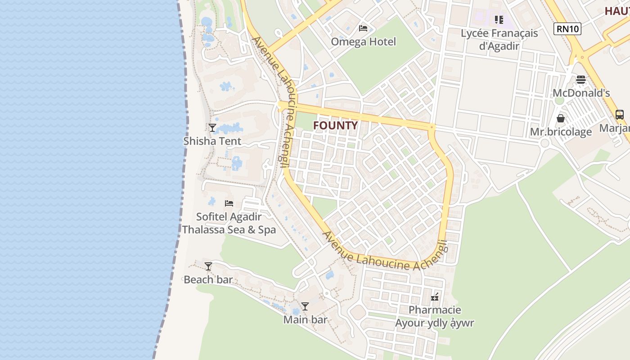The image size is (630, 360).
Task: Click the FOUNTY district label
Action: click(336, 126)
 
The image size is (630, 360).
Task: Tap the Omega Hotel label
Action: click(363, 42)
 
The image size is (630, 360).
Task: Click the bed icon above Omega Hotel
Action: click(363, 28)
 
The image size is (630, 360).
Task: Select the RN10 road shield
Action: click(567, 29)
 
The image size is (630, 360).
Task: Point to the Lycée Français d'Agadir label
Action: click(499, 40)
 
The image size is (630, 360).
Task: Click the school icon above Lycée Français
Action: click(499, 20)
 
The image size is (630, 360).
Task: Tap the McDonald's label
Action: click(581, 93)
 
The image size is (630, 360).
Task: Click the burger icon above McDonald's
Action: click(581, 80)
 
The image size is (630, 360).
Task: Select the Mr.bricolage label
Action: click(561, 132)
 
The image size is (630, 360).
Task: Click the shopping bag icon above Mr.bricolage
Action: click(561, 118)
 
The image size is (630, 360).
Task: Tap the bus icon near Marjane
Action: click(620, 115)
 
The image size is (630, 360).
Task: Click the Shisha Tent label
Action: click(212, 141)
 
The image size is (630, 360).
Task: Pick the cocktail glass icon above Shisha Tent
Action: click(212, 128)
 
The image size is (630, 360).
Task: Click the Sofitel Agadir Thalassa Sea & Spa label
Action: click(229, 223)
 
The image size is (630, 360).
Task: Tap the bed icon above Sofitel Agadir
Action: click(229, 203)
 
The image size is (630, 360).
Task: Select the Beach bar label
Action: click(208, 279)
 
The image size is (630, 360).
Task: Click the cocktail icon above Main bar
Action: click(305, 306)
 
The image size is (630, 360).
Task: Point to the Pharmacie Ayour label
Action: click(435, 316)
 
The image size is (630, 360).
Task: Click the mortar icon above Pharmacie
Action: click(435, 297)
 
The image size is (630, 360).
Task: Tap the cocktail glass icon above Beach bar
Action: click(208, 266)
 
